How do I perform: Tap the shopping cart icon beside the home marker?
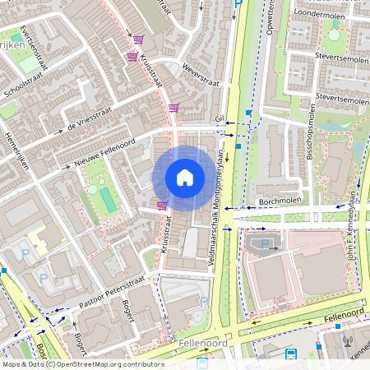(x=162, y=206)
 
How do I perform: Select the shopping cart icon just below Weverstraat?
(x=173, y=107)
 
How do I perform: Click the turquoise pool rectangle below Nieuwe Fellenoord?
(x=108, y=198)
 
